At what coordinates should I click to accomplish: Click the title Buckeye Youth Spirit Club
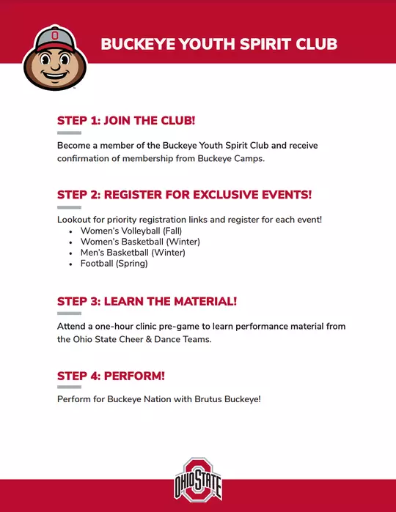[219, 44]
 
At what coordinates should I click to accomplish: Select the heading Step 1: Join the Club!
[126, 120]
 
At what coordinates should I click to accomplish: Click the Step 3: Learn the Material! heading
[147, 301]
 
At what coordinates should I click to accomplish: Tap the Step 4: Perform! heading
[111, 376]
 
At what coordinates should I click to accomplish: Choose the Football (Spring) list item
[114, 264]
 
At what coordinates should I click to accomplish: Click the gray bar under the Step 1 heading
[69, 133]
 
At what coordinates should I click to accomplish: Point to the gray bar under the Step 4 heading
[69, 387]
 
